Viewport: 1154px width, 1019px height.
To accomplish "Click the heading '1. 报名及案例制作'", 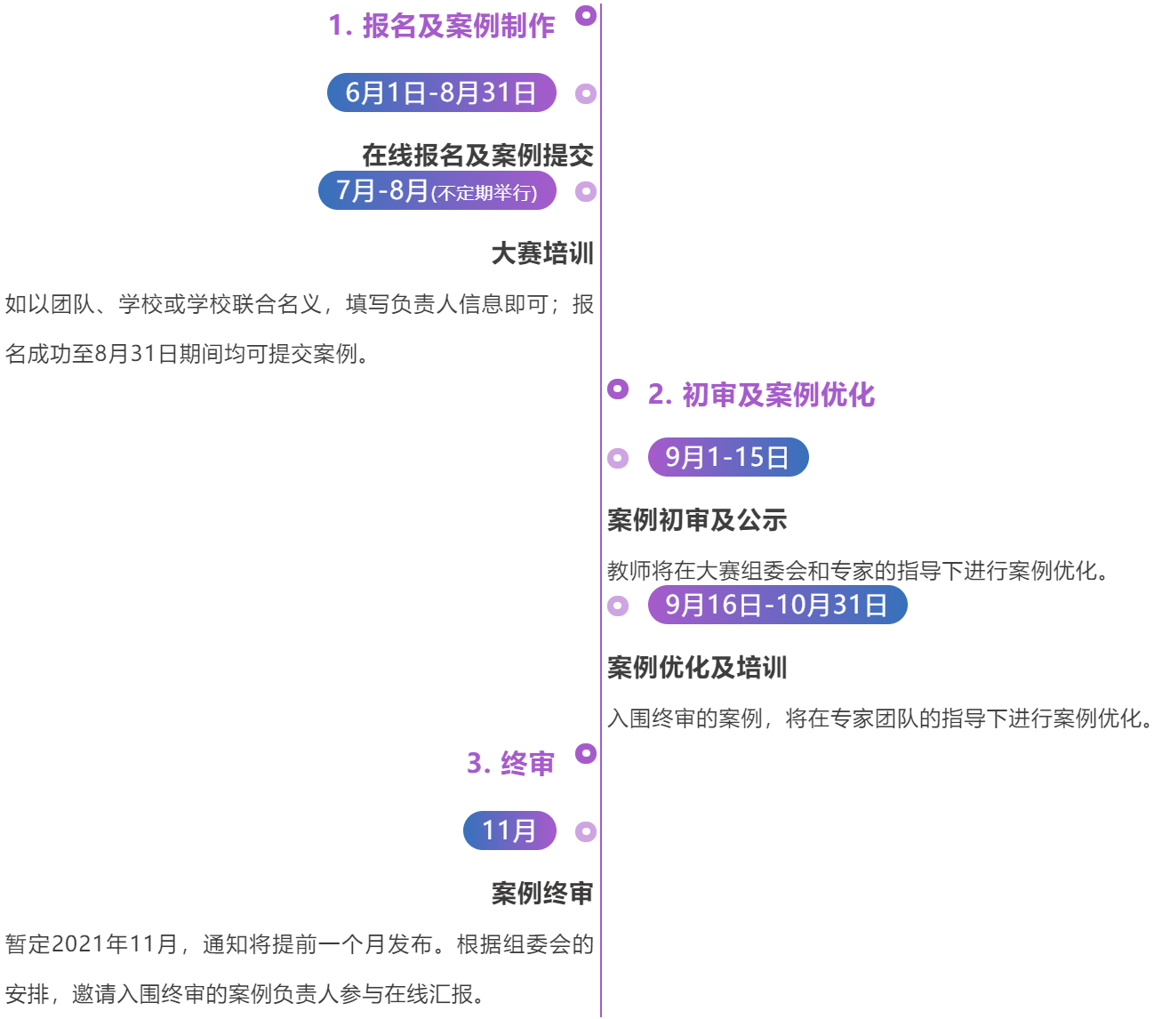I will (441, 26).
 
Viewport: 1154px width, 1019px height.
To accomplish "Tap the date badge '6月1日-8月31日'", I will (441, 92).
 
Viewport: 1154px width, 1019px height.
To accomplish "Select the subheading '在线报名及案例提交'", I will (477, 156).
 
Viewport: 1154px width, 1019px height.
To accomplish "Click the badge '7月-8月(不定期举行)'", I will (437, 191).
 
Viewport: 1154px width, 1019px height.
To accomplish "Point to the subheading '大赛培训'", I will (542, 253).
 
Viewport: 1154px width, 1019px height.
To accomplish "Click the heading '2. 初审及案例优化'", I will (761, 395).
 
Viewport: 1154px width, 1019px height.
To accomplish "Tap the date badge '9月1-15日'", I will (727, 457).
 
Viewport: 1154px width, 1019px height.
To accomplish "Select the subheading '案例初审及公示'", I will (697, 520).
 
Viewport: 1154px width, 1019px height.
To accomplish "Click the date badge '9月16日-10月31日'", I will (777, 605).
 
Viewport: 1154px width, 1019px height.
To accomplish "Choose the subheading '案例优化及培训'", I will (697, 668).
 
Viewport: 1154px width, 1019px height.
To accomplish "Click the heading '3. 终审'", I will (510, 763).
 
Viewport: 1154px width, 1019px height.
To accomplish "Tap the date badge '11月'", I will (509, 830).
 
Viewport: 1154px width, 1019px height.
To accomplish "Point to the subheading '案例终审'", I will (542, 894).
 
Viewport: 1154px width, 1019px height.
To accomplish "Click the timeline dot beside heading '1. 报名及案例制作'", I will (586, 15).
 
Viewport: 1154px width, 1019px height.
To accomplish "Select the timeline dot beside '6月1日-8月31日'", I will (586, 93).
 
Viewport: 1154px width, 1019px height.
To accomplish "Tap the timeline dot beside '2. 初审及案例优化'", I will (618, 389).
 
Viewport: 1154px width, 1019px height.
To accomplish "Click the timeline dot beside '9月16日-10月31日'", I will (618, 606).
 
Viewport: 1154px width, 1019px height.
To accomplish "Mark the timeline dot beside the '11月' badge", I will (586, 831).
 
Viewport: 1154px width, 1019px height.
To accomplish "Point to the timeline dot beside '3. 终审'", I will (586, 753).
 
